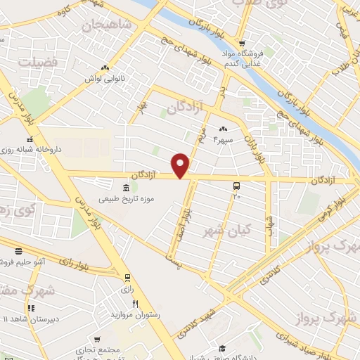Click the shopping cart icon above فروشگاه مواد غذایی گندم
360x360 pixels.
point(242,41)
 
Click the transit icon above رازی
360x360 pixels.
point(127,277)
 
